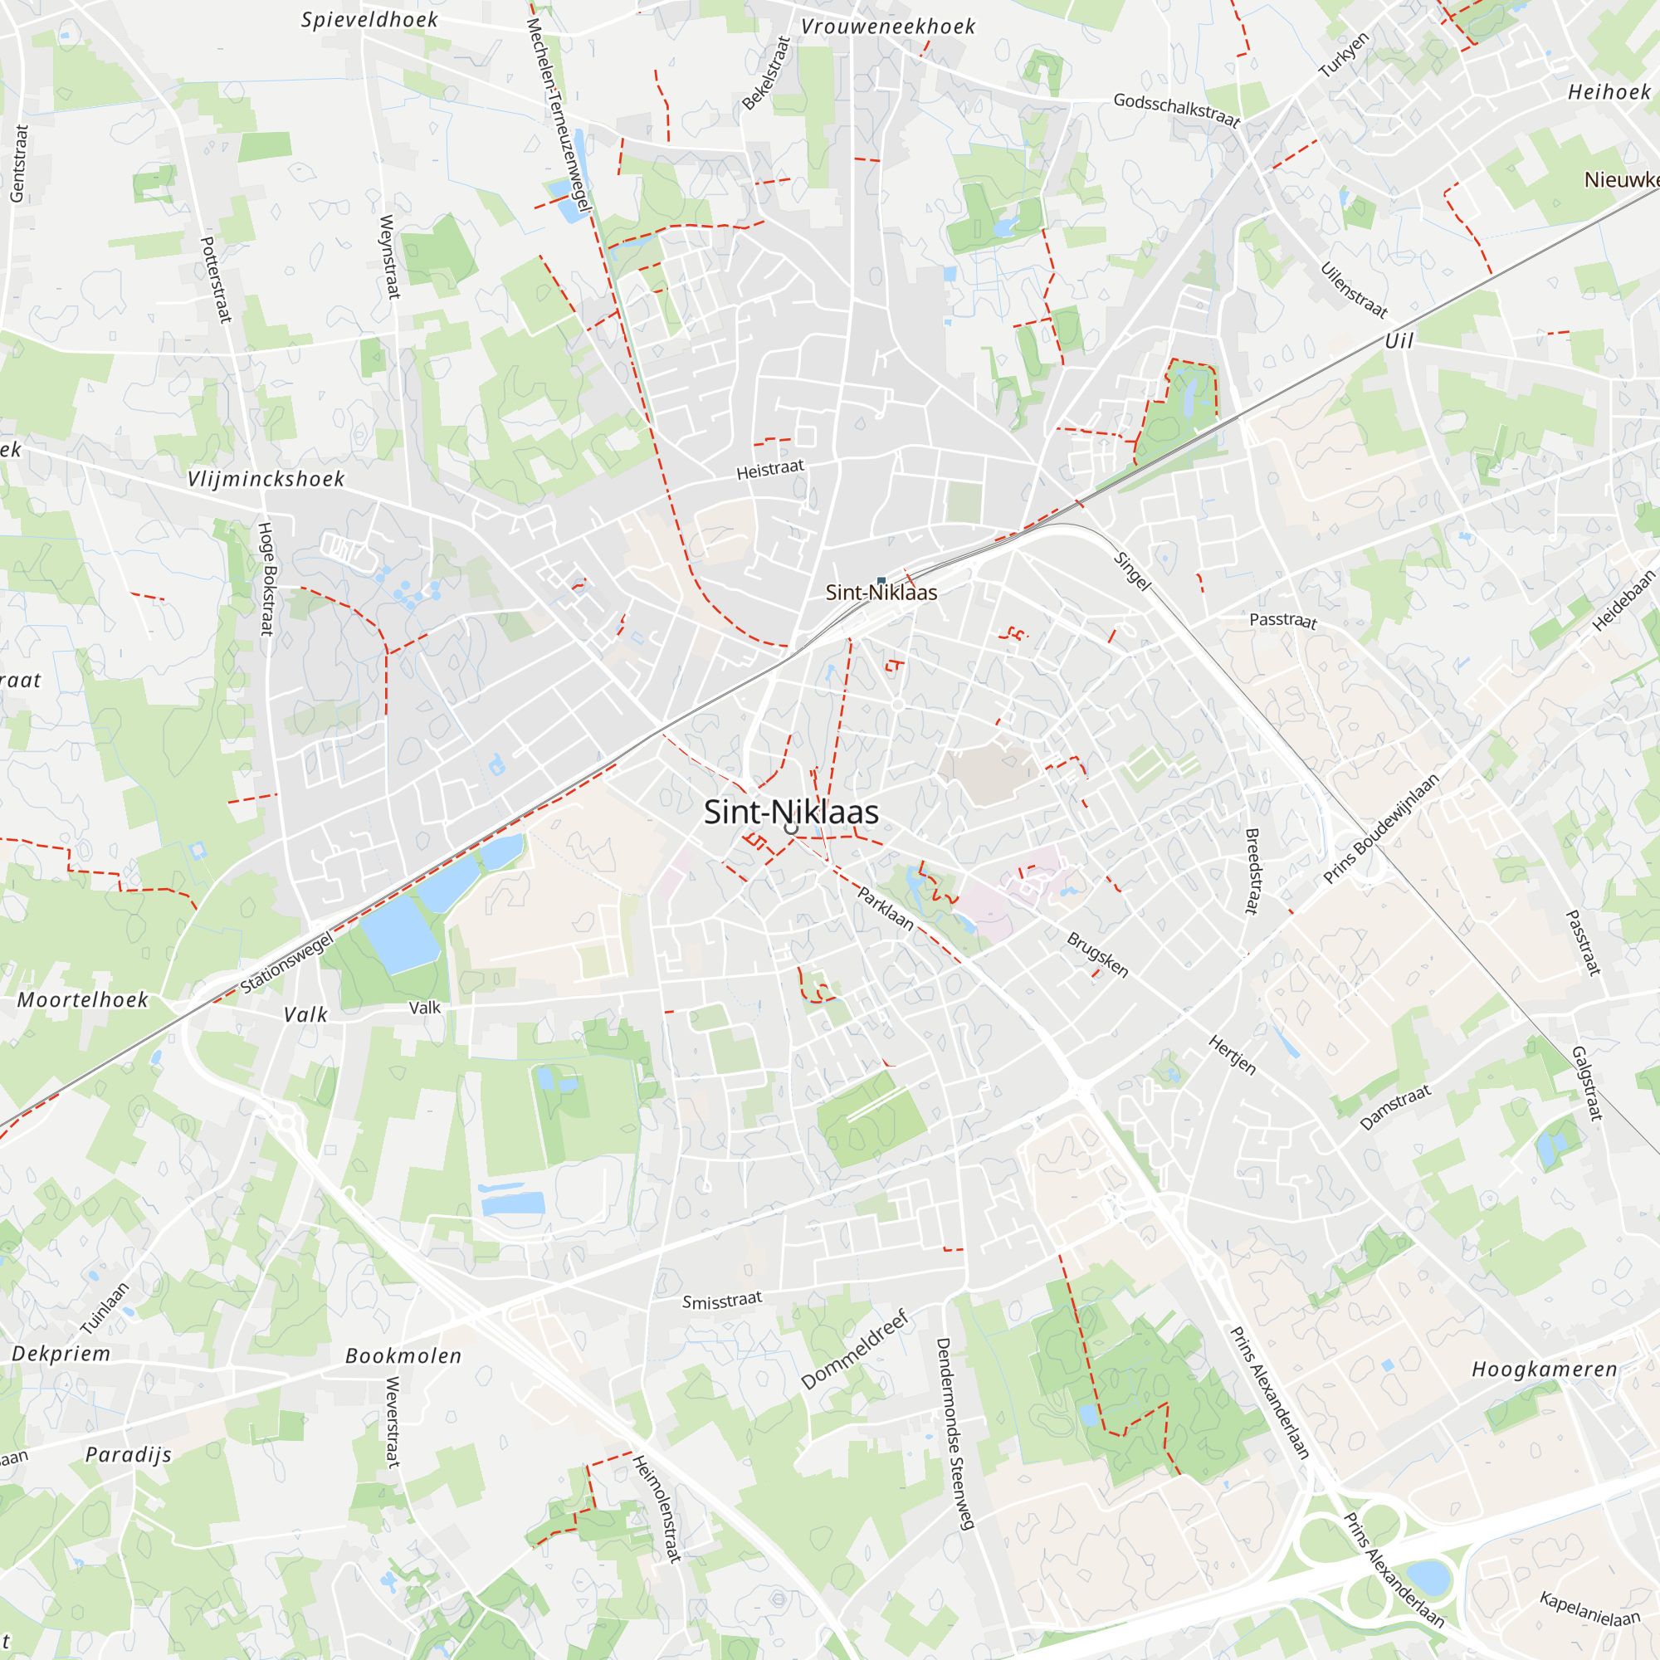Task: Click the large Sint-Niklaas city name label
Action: (790, 812)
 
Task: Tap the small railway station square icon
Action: (881, 581)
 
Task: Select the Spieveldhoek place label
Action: (369, 20)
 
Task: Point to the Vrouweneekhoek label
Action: (887, 27)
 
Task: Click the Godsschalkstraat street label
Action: (1176, 110)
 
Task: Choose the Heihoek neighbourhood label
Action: (1609, 92)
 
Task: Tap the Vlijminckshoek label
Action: (266, 479)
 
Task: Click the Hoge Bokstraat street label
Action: (267, 579)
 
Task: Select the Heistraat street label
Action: (770, 469)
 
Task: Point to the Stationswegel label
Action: (286, 963)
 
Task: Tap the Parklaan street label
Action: (885, 908)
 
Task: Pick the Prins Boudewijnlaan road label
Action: (1381, 829)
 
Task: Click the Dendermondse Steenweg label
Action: (954, 1433)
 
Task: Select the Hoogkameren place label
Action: (1544, 1369)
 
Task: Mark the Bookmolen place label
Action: (404, 1356)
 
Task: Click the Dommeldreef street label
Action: (854, 1349)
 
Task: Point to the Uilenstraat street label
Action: (1353, 290)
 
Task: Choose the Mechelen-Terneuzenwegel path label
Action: (558, 115)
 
